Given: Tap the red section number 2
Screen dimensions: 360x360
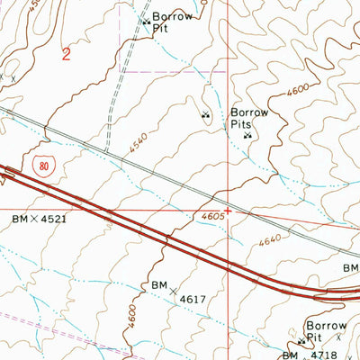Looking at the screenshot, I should (x=67, y=54).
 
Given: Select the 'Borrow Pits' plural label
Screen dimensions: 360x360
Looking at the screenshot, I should (x=250, y=119).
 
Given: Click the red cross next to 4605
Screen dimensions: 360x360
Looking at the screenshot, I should (x=229, y=212).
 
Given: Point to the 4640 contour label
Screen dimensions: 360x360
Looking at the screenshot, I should (x=269, y=241).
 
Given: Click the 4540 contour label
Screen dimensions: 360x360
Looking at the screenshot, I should (x=138, y=141).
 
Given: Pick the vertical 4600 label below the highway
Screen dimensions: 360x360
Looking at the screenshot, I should (x=132, y=318).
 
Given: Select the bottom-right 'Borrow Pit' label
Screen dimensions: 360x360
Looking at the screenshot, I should (x=326, y=331).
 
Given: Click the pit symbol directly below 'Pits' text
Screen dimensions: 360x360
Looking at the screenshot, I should (x=247, y=136).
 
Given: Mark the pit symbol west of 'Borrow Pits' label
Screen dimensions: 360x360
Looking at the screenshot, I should (x=205, y=114).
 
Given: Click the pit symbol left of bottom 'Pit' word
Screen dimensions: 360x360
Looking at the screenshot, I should (x=301, y=341).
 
